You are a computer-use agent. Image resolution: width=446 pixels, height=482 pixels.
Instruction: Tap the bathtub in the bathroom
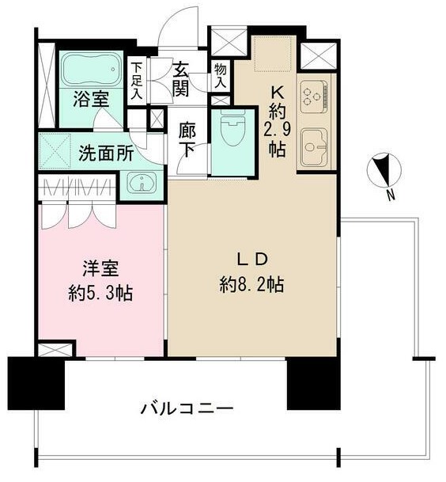click(x=89, y=70)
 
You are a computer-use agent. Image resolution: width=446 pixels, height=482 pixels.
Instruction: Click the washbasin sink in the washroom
click(x=142, y=185)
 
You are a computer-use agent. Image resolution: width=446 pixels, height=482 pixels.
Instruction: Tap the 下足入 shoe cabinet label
click(x=138, y=80)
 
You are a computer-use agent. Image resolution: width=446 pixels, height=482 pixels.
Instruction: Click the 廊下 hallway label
click(x=188, y=138)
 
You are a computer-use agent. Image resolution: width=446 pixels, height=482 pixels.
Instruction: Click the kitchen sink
click(x=316, y=146)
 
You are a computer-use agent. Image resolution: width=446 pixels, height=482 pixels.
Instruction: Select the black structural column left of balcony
click(x=35, y=383)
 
